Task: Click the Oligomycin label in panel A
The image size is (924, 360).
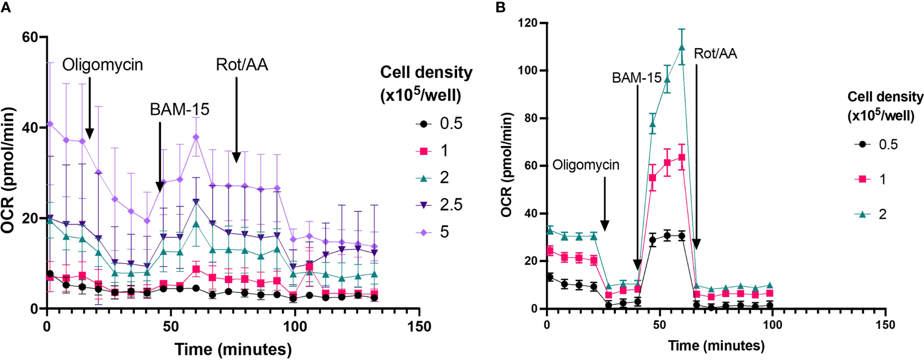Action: tap(102, 65)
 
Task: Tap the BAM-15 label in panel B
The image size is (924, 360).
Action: tap(636, 78)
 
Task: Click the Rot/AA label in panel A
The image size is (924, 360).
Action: tap(242, 65)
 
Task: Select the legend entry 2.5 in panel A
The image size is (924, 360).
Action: tap(451, 205)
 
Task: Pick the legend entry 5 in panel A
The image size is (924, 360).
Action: tap(444, 232)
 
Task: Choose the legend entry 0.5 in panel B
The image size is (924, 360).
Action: tap(888, 145)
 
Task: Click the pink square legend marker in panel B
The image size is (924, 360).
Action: tap(862, 179)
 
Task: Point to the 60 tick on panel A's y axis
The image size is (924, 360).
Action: tap(30, 37)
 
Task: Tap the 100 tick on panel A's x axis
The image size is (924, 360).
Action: tap(294, 326)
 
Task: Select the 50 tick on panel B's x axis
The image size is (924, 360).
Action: tap(659, 325)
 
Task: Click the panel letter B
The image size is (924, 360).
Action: tap(500, 8)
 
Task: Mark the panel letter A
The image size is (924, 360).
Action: tap(6, 7)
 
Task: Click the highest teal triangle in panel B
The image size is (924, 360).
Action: tap(682, 47)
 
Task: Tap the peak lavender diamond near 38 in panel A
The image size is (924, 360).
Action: tap(196, 137)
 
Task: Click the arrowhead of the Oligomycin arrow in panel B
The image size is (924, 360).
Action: tap(604, 226)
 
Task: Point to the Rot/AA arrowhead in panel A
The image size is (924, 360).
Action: tap(236, 158)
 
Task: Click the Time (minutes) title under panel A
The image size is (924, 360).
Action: tap(233, 349)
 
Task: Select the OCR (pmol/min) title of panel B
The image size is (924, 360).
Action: tap(506, 165)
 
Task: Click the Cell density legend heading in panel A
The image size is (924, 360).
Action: tap(426, 83)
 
